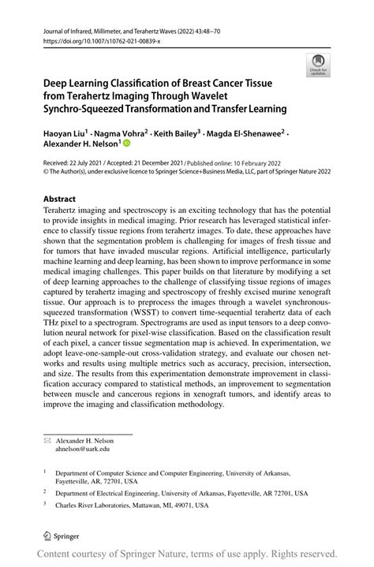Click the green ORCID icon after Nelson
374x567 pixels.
click(x=125, y=145)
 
